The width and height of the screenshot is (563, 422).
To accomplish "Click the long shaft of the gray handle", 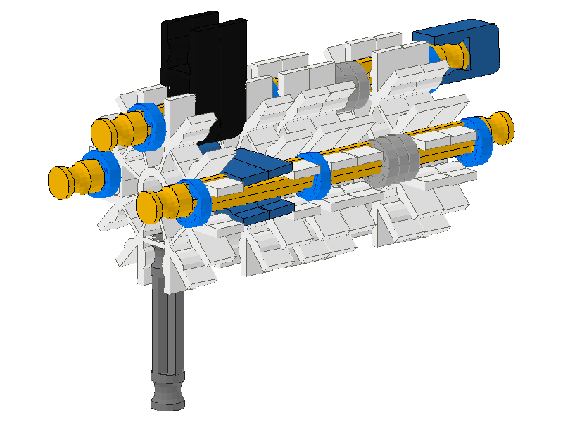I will tap(169, 331).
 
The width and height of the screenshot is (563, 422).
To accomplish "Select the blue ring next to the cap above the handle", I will tap(193, 204).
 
